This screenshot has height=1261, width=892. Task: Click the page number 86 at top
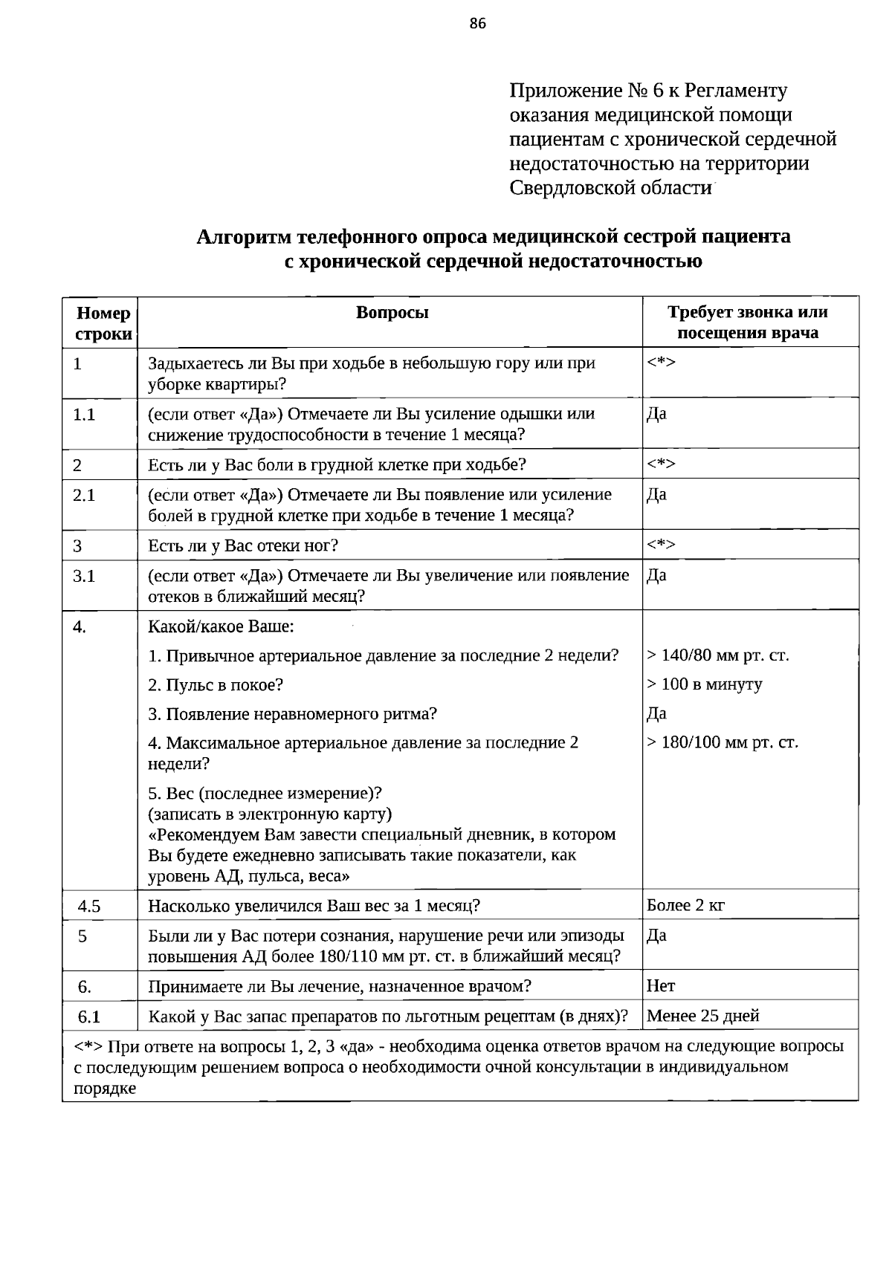click(478, 24)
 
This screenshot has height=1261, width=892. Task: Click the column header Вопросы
click(392, 313)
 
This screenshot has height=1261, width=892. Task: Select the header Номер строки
click(103, 323)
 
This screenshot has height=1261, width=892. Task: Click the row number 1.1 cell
click(84, 415)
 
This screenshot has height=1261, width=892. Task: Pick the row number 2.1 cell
click(84, 496)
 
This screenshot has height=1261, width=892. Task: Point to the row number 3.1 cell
click(84, 576)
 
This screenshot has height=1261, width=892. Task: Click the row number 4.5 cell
click(89, 906)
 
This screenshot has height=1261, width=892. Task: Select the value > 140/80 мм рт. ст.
click(717, 655)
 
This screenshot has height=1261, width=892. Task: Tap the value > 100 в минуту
click(704, 684)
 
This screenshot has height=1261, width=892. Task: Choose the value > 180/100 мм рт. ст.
click(722, 742)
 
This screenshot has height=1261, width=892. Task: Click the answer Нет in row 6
click(661, 986)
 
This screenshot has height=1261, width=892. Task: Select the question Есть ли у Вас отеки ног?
click(243, 546)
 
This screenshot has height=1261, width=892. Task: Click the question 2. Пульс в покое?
click(216, 685)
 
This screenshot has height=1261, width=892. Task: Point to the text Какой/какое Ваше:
click(222, 627)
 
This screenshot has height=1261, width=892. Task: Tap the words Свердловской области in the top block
click(611, 187)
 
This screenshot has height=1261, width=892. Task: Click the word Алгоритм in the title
click(243, 237)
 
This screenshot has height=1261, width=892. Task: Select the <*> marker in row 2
click(660, 464)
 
